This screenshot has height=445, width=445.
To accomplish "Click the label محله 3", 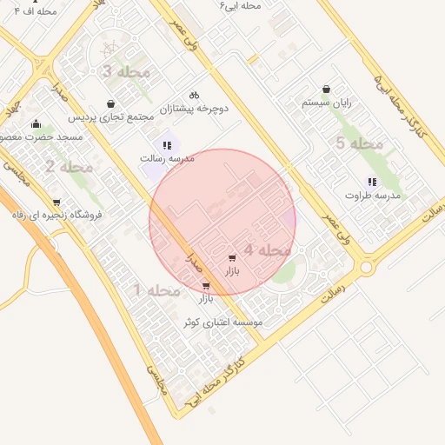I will pyautogui.click(x=127, y=71).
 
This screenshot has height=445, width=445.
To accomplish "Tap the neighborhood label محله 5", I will pyautogui.click(x=359, y=143).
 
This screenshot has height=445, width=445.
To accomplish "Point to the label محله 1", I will pyautogui.click(x=156, y=290).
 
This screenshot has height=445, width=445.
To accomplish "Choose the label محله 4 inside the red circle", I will pyautogui.click(x=267, y=250).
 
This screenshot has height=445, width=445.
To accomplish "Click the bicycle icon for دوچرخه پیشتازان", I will pyautogui.click(x=194, y=95).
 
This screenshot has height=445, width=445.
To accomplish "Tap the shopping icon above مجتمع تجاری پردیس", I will pyautogui.click(x=110, y=103).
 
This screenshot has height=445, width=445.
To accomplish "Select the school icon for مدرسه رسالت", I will pyautogui.click(x=166, y=145).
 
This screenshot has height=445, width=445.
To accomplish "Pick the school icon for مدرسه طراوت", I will pyautogui.click(x=372, y=182).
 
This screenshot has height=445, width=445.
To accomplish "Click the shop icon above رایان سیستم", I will pyautogui.click(x=326, y=89).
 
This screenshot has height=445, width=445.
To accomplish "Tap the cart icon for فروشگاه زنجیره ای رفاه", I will pyautogui.click(x=56, y=202).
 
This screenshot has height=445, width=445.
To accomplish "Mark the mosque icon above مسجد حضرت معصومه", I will pyautogui.click(x=36, y=123).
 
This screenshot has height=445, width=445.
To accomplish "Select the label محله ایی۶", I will pyautogui.click(x=241, y=6).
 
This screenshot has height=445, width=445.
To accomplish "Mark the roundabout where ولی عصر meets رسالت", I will pyautogui.click(x=367, y=267).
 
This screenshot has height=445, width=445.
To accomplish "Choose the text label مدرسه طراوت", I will pyautogui.click(x=372, y=196).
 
